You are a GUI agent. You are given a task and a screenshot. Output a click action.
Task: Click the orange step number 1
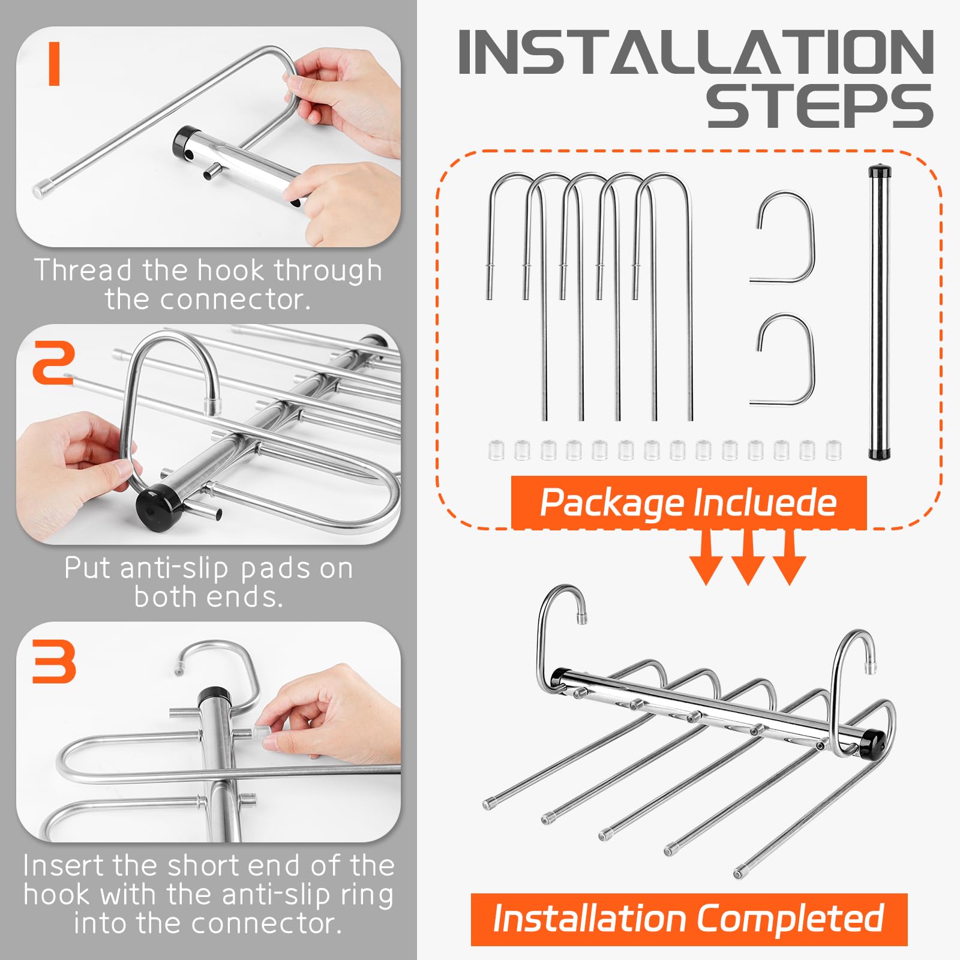pyautogui.click(x=55, y=64)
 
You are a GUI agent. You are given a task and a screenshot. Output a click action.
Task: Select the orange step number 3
pyautogui.click(x=54, y=661)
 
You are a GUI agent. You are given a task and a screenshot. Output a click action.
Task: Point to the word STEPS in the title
pyautogui.click(x=820, y=106)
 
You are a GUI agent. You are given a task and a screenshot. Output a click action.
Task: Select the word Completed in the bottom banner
pyautogui.click(x=790, y=918)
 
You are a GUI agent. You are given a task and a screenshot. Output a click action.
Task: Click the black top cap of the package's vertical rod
pyautogui.click(x=880, y=172)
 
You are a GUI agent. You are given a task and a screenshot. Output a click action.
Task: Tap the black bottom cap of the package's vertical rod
pyautogui.click(x=880, y=454)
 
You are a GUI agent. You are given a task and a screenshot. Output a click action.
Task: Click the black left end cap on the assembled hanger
pyautogui.click(x=559, y=678)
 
